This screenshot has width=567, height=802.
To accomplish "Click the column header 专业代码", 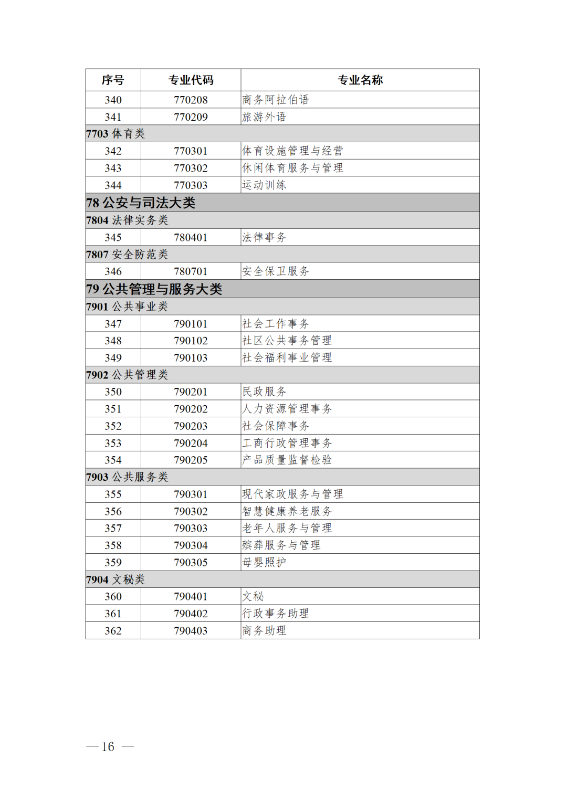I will click(191, 80).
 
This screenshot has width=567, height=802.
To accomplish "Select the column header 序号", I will click(113, 80).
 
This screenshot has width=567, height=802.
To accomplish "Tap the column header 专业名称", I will click(360, 80).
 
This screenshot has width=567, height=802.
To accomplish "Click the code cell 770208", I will click(191, 100).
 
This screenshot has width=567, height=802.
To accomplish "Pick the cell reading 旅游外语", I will click(264, 117).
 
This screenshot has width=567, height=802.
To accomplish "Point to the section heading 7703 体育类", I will click(115, 134).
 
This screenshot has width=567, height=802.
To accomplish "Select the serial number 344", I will click(113, 185).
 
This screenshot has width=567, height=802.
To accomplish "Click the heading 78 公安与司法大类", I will click(141, 203).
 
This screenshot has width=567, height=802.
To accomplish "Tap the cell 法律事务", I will click(264, 237).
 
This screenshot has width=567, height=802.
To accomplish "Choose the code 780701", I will click(191, 271).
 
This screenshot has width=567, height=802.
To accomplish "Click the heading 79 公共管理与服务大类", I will click(154, 289).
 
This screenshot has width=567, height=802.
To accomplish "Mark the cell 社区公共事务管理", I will click(287, 341).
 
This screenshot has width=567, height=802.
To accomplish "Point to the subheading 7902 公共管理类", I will click(127, 375).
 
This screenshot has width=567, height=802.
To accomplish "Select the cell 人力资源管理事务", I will click(287, 409).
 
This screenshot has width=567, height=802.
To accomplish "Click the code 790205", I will click(191, 460).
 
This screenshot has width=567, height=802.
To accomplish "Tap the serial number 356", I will click(113, 511).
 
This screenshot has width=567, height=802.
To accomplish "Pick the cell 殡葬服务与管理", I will click(281, 545).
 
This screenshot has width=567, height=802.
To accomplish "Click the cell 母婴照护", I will click(264, 562).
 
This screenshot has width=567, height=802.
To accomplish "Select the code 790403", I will click(191, 630).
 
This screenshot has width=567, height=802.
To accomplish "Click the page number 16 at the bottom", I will click(108, 746).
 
